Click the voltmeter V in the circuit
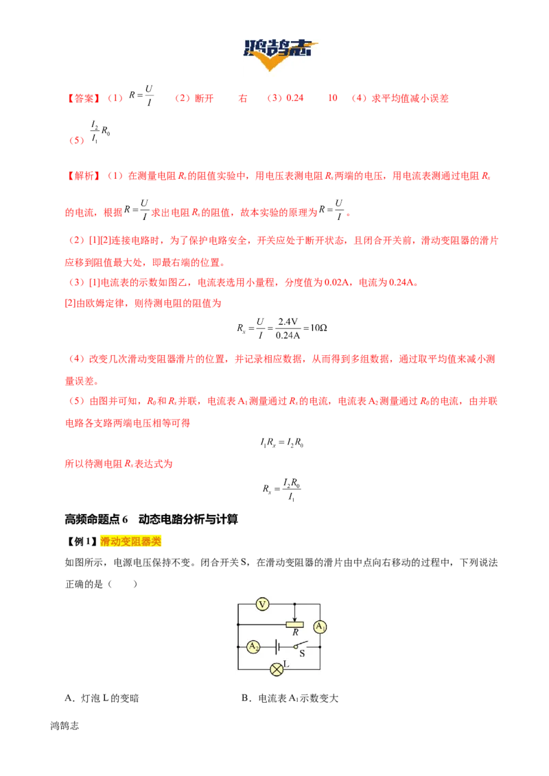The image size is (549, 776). coord(262,604)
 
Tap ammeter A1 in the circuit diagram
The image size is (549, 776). coord(320,627)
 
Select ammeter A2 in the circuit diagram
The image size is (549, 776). coord(253,646)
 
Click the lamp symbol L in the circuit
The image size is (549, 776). coord(277,670)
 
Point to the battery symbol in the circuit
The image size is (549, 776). coord(277,646)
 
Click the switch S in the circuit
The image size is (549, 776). coord(301,646)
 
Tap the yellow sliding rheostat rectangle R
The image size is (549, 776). coord(295,625)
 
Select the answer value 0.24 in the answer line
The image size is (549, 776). coord(295,98)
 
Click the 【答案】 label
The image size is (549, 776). coord(83,99)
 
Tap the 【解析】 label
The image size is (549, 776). coord(83,175)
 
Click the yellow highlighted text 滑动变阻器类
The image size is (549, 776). coord(131,541)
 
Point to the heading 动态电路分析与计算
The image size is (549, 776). coord(188,519)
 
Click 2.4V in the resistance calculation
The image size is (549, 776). coord(288,322)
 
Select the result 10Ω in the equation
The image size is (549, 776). coord(318,328)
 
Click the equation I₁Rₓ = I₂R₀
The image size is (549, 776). coord(282,442)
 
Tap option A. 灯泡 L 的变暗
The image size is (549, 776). coord(102,698)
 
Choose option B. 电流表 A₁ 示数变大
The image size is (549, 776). coord(290,698)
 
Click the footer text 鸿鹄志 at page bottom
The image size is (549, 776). coord(65,725)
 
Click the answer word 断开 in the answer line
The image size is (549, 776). coord(204,98)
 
